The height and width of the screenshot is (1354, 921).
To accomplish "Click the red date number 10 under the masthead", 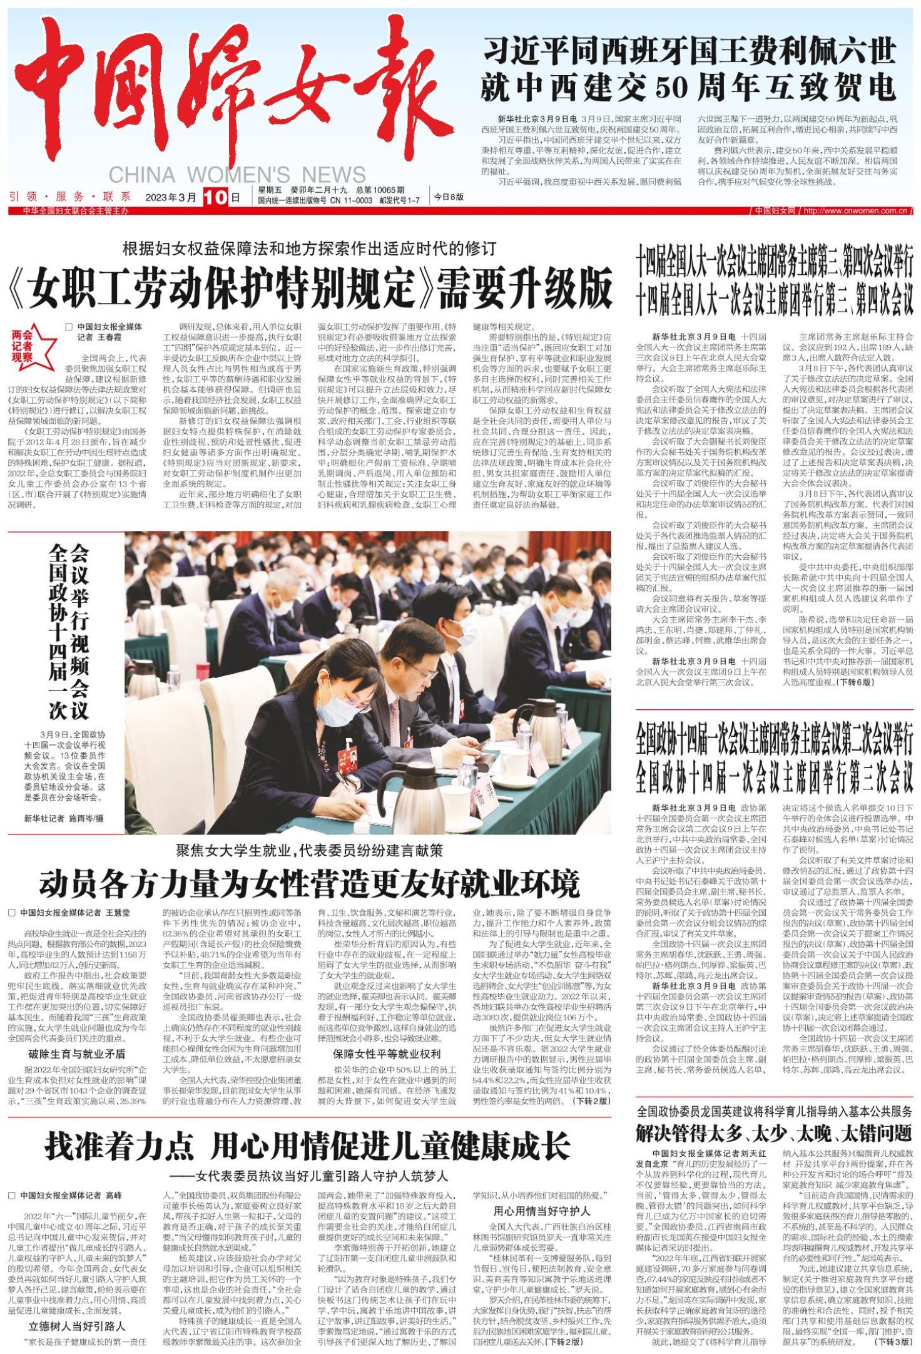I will tap(213, 197).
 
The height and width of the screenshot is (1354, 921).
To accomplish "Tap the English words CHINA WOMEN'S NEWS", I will tap(237, 175).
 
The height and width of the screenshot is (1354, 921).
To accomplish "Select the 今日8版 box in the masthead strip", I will tap(449, 197).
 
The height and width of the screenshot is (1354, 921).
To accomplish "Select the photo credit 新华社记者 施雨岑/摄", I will tap(64, 818).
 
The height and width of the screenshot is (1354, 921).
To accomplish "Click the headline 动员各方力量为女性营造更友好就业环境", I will tap(310, 884).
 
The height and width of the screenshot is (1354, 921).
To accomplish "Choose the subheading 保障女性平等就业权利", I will tap(387, 1054).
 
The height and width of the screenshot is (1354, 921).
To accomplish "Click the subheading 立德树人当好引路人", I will tap(77, 1325).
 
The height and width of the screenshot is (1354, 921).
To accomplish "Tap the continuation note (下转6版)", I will tap(857, 682).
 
